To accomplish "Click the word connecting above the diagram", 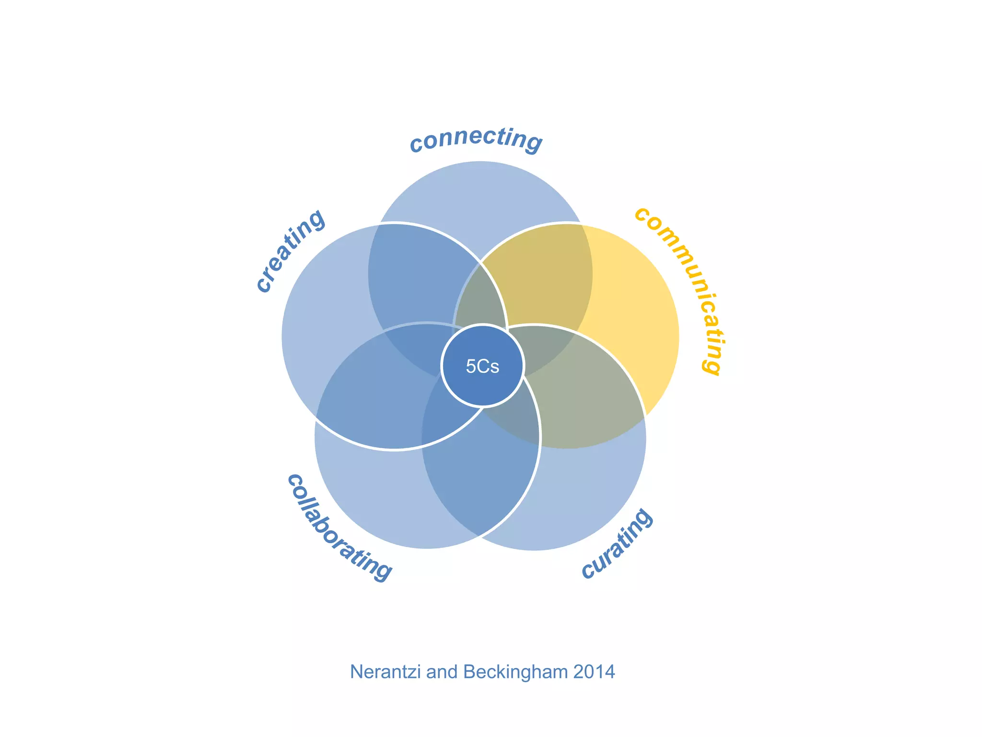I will [x=476, y=139].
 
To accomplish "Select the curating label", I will [x=618, y=545].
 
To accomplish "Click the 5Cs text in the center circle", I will [x=482, y=367].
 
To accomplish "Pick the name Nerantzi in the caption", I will [x=386, y=672].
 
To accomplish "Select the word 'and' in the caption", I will [x=443, y=672].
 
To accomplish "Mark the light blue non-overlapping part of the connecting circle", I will [x=479, y=202].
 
